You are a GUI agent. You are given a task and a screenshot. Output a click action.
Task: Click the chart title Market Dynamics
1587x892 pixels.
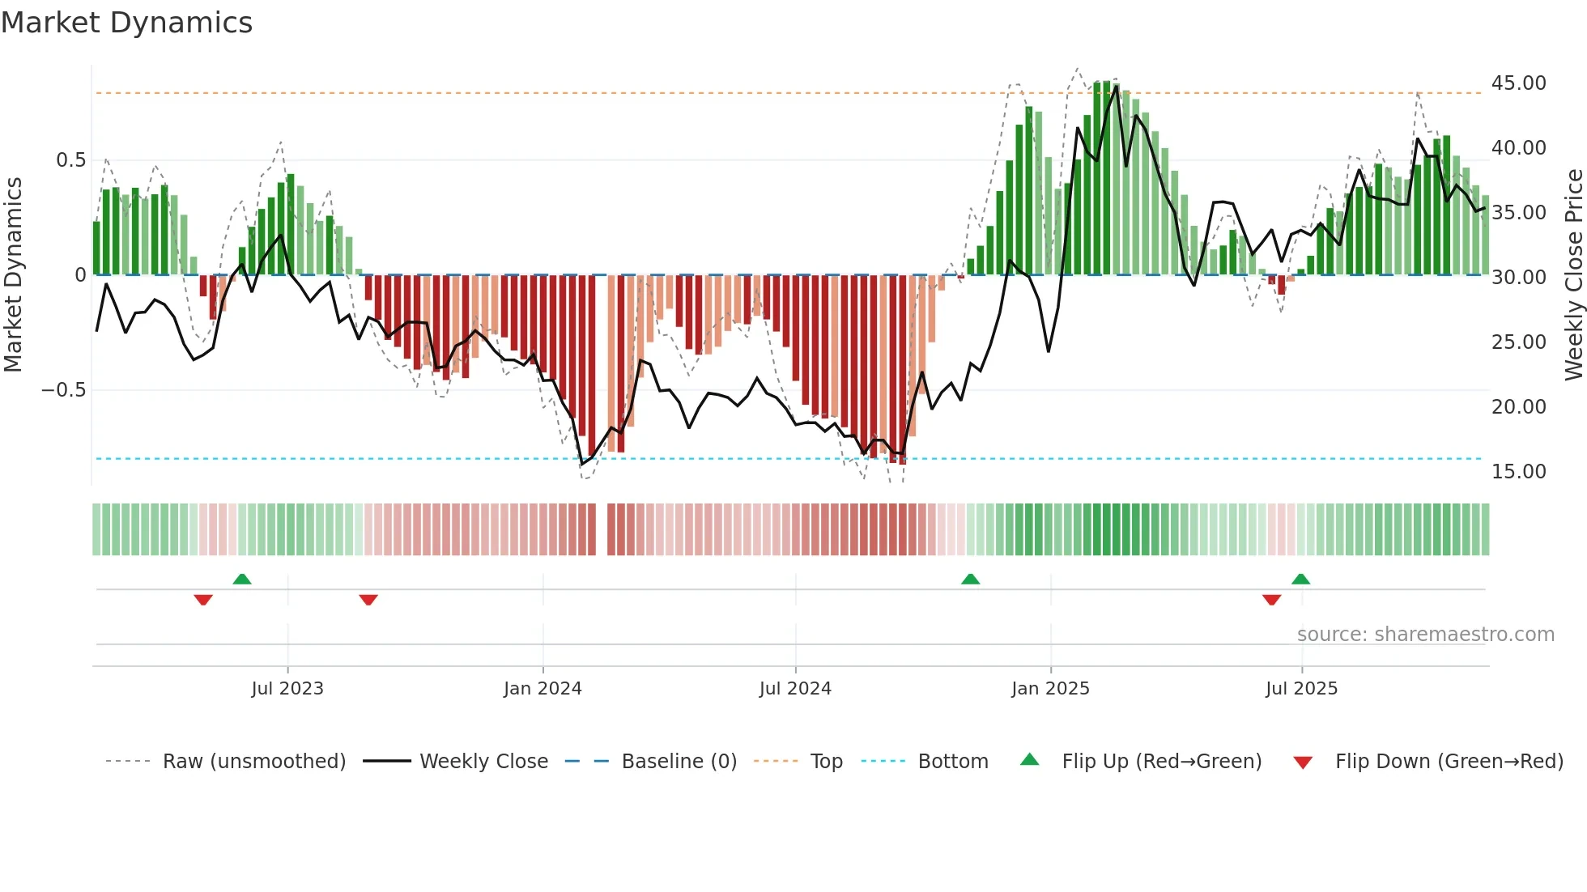click(x=126, y=23)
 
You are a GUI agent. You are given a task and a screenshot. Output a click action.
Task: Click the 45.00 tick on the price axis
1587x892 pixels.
click(x=1518, y=83)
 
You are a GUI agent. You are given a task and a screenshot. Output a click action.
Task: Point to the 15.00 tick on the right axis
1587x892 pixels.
click(x=1518, y=472)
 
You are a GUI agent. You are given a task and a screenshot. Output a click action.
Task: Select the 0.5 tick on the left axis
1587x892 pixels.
click(x=70, y=160)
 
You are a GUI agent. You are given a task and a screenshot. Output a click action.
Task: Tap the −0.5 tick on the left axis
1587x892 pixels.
click(x=64, y=390)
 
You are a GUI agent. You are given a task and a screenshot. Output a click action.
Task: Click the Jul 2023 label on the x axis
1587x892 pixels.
click(x=287, y=689)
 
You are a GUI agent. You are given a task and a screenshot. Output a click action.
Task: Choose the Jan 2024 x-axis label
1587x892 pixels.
click(x=542, y=689)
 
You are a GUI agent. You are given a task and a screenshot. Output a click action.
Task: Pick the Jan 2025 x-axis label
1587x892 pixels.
click(x=1050, y=689)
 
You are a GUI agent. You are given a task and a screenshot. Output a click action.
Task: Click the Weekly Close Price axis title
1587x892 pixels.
click(x=1573, y=275)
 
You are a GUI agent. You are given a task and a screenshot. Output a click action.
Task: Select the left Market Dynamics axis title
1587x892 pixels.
click(x=13, y=275)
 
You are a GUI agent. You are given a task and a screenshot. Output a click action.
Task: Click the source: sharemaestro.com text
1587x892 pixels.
click(x=1425, y=635)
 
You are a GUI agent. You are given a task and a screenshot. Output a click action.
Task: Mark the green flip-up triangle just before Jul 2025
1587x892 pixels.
click(x=1300, y=579)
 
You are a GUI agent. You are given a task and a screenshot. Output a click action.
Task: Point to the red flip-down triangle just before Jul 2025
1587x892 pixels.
click(x=1271, y=600)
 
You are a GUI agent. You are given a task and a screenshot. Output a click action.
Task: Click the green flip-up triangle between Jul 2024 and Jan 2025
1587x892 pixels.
click(x=970, y=579)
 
